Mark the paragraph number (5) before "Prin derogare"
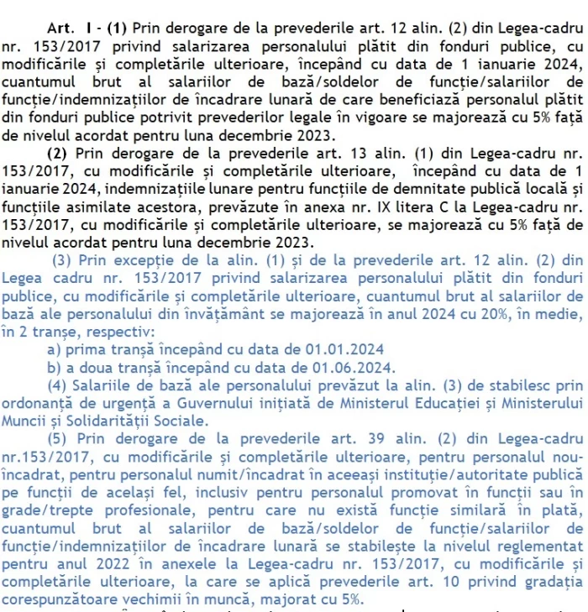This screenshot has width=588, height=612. [x=60, y=438]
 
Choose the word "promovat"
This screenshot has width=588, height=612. [x=411, y=493]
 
